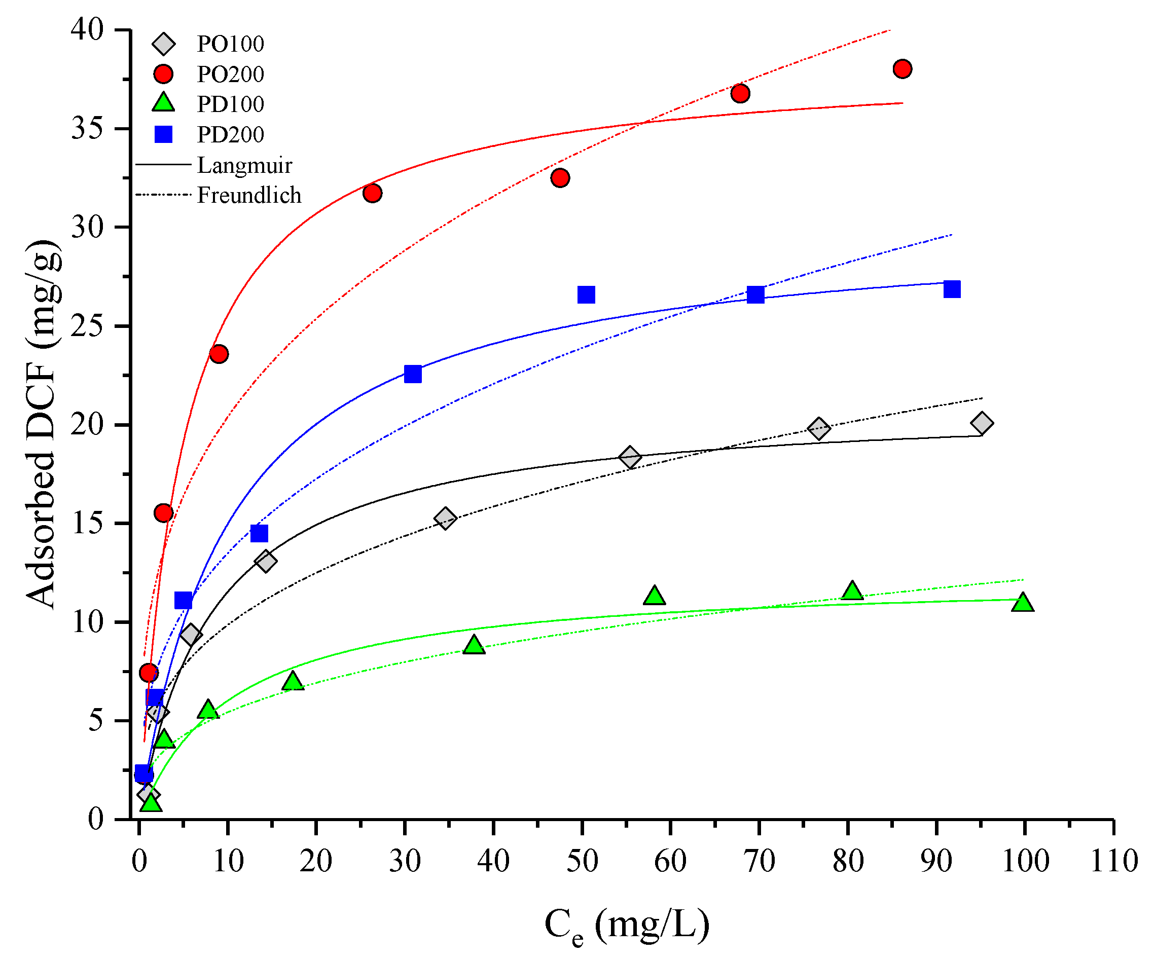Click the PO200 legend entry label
231,74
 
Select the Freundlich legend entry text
249,195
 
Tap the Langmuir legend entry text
245,165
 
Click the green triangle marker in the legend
163,103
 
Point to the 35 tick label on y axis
87,129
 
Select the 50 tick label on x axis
582,861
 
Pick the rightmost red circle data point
903,69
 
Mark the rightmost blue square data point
952,289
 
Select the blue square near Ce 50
586,294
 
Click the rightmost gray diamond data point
982,423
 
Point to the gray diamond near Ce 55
630,457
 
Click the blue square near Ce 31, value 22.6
413,374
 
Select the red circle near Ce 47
560,177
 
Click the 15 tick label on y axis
87,523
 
